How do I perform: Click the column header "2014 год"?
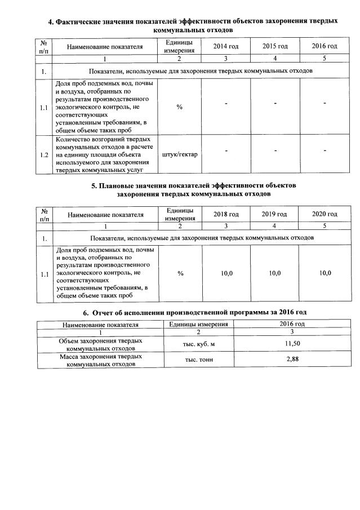(x=226, y=46)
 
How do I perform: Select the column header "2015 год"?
(x=275, y=46)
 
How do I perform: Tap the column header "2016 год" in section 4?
(x=325, y=46)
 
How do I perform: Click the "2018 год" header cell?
(x=226, y=214)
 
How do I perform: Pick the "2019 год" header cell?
(x=274, y=214)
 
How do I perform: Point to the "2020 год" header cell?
(x=325, y=214)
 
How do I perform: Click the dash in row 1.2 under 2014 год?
(x=226, y=150)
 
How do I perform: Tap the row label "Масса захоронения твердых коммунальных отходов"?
(x=100, y=360)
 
